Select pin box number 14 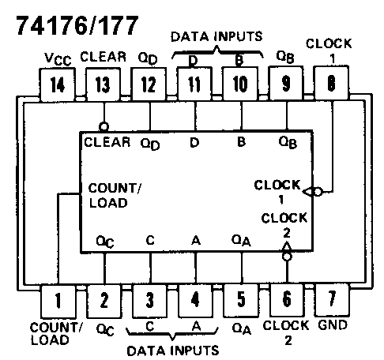pos(58,84)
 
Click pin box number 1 pos(58,300)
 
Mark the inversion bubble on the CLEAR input pos(103,126)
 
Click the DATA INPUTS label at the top pos(216,36)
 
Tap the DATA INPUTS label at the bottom pos(172,347)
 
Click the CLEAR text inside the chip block pos(107,142)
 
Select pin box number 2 pos(104,300)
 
